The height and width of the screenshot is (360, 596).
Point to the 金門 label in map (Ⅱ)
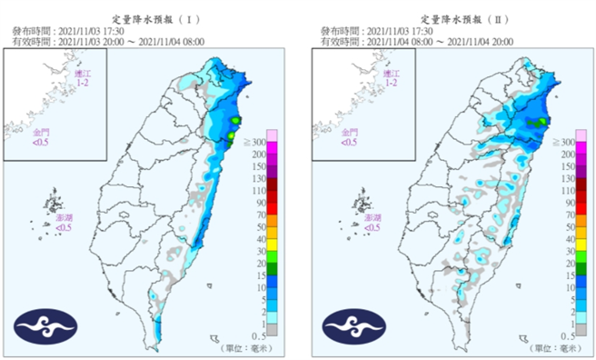point(351,135)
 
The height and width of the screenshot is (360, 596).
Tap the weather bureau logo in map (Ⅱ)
point(349,325)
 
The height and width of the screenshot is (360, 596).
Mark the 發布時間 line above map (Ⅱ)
point(379,30)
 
